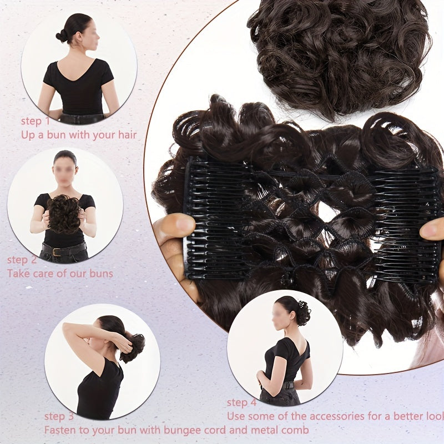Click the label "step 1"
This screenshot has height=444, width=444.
pos(36,121)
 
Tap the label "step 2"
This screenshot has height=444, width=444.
pos(22,260)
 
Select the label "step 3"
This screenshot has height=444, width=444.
pos(59,416)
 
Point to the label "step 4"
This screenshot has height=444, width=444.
pos(241,402)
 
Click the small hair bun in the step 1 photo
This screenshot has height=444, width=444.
pos(62,36)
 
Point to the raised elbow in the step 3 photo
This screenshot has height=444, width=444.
pos(66,327)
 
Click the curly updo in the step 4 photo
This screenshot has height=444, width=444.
pos(302,312)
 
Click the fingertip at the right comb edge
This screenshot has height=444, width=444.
pos(432,229)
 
